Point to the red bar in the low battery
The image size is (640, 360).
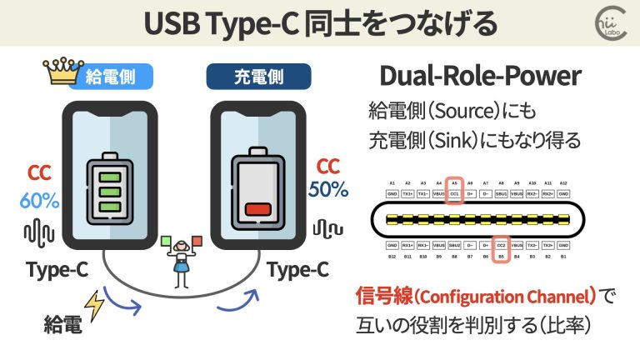(260, 209)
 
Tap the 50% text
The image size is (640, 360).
(328, 189)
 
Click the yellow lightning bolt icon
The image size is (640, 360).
(97, 309)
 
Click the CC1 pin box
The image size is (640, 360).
(454, 195)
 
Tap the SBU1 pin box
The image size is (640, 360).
(502, 195)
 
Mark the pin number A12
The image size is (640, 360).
(563, 182)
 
